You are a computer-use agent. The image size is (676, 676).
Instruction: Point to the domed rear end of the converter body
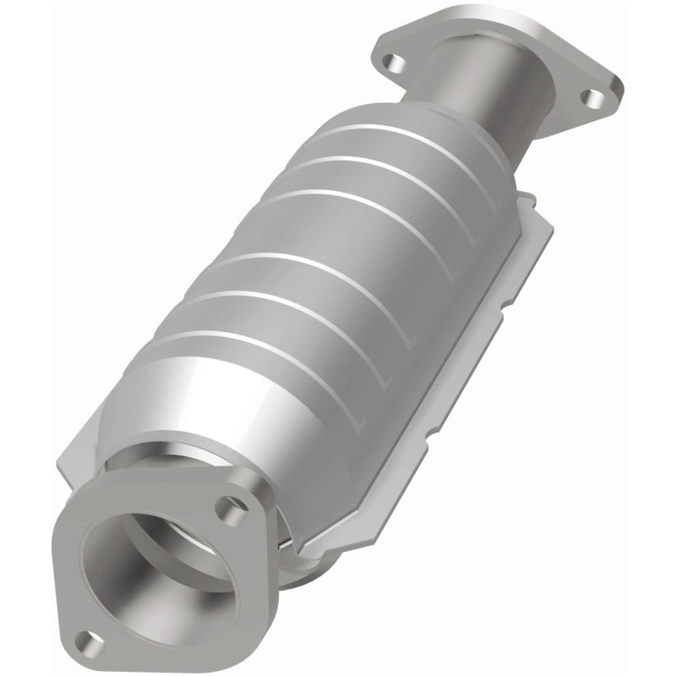tap(439, 127)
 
